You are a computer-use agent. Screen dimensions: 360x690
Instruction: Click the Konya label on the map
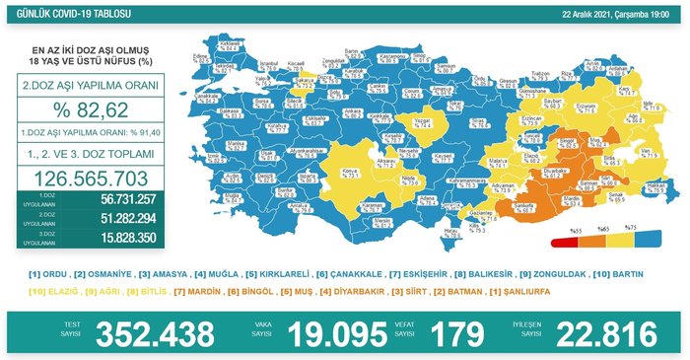pyautogui.click(x=351, y=172)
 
